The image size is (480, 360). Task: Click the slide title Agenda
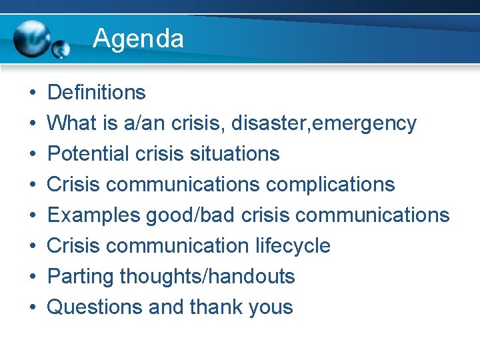[x=138, y=39]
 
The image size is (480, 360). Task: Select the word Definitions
[x=97, y=92]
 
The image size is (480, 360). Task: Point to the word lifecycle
[x=293, y=245]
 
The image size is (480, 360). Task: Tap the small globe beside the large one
[x=61, y=49]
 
